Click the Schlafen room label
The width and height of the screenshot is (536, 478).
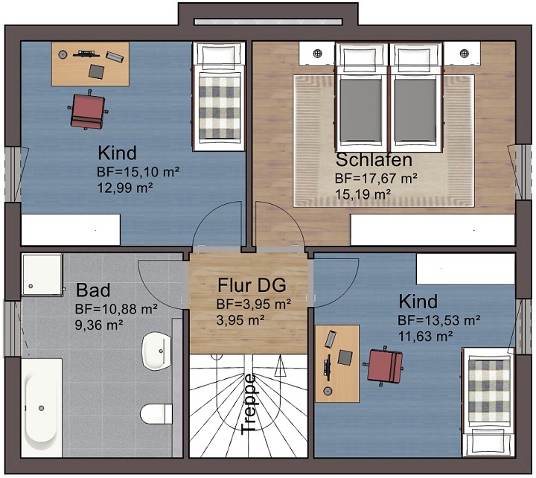(374, 160)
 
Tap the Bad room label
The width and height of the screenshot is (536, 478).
(93, 290)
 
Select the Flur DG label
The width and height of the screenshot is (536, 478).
(252, 285)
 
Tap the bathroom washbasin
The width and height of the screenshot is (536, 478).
(157, 351)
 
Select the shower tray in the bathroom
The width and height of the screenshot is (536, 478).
(41, 275)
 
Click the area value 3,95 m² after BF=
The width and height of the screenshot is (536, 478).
(263, 304)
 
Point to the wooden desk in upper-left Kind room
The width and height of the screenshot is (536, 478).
(89, 63)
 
